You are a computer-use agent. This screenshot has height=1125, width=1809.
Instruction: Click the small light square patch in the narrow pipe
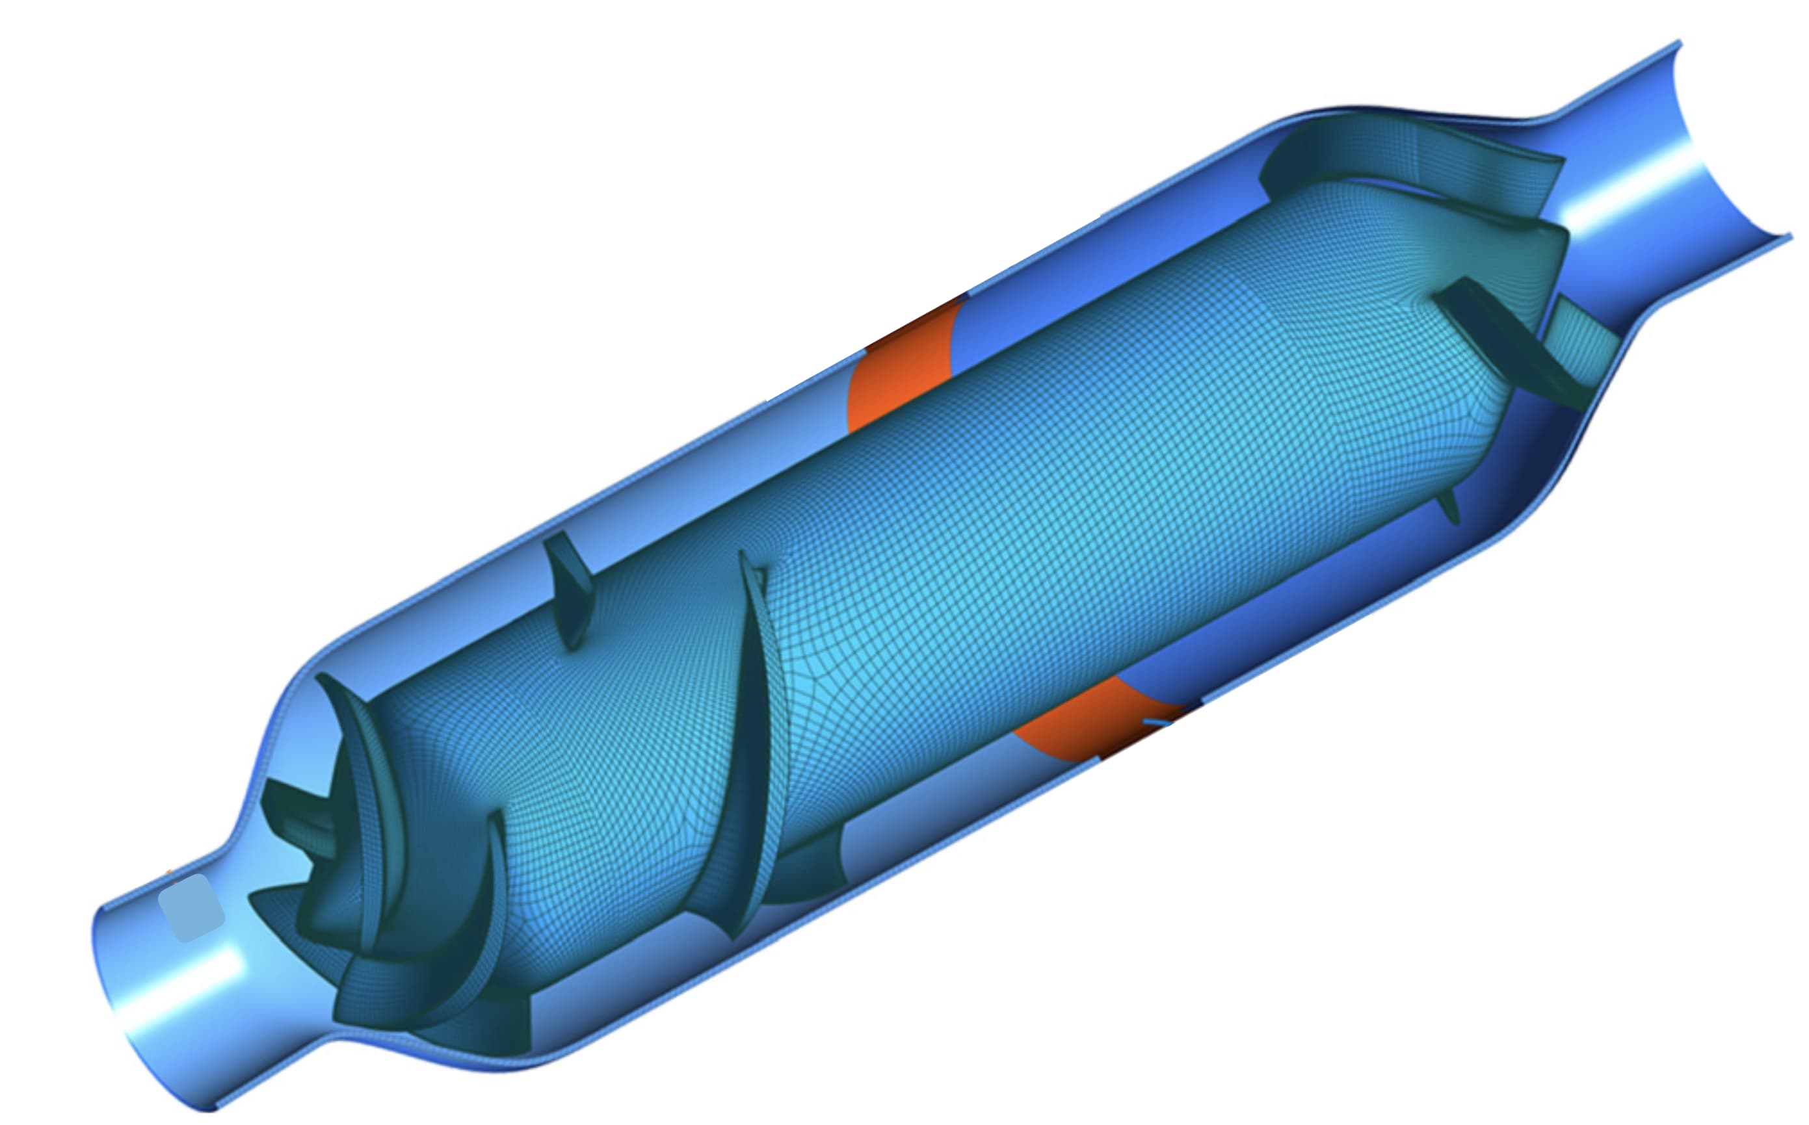pyautogui.click(x=191, y=908)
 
